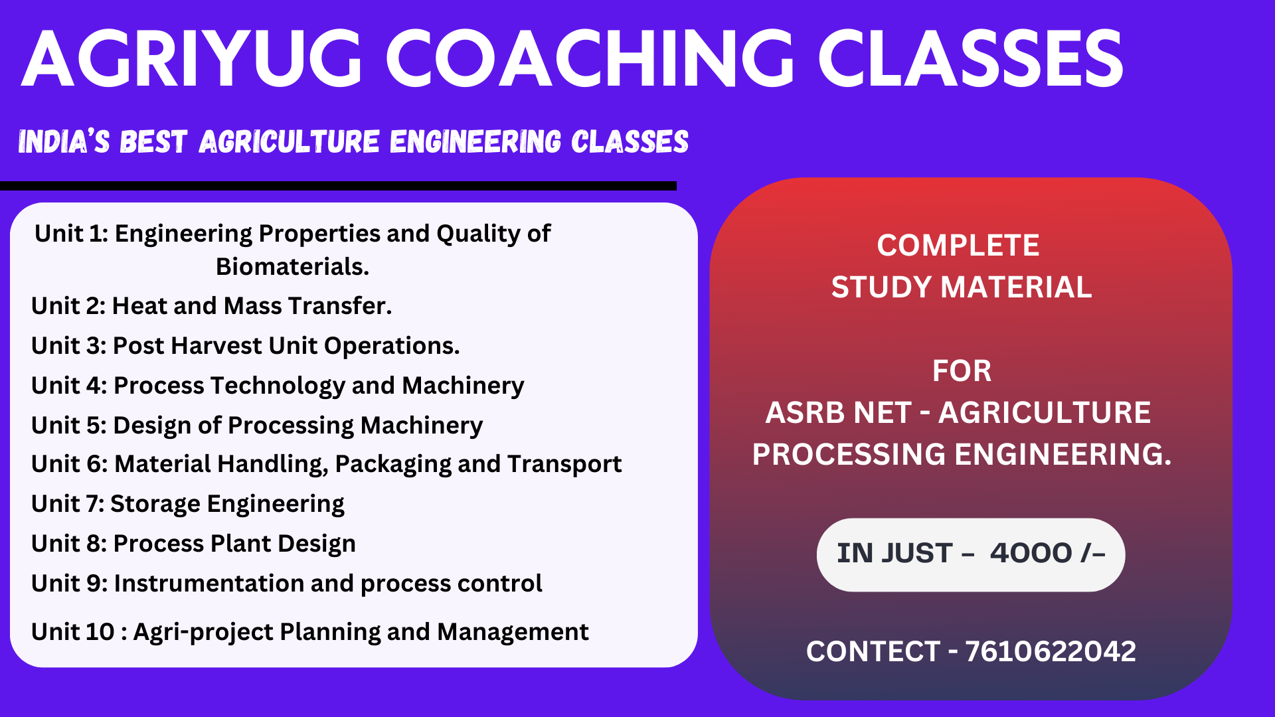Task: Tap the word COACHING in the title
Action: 590,59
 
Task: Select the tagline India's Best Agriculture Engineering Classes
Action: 353,142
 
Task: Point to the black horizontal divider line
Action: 338,186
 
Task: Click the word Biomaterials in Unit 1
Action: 292,266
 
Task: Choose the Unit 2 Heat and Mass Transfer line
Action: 212,305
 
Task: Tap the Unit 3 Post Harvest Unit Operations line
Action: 246,346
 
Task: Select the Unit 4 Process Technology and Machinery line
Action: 278,386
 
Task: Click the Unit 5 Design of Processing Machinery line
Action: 257,426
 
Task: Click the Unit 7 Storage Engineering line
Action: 188,504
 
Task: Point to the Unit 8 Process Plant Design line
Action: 193,544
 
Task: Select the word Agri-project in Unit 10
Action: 203,632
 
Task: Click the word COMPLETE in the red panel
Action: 958,246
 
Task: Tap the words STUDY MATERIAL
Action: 961,287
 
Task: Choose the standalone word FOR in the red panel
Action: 962,371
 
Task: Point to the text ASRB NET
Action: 838,413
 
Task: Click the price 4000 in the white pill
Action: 1031,553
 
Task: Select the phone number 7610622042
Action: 1050,651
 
